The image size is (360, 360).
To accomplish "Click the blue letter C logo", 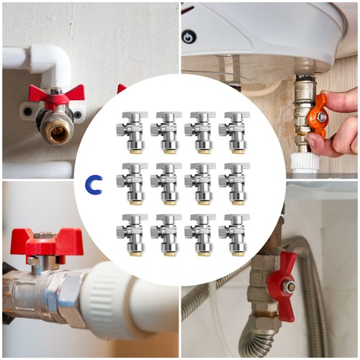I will tap(93, 185).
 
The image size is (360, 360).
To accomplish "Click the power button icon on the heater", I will tap(189, 37).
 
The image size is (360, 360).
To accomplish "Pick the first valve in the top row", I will tap(132, 132).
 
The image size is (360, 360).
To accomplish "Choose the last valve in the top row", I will tap(234, 132).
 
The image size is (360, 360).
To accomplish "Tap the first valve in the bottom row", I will tap(132, 235).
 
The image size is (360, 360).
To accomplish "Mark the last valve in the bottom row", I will tap(234, 235).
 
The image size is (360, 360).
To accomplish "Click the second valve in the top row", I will tap(166, 132).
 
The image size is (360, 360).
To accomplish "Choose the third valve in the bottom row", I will tap(200, 235).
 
